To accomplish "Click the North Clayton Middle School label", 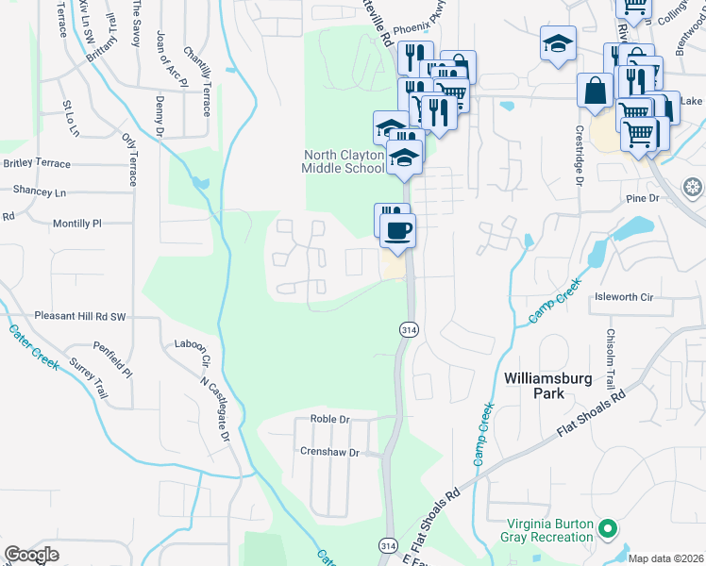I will coord(344,161).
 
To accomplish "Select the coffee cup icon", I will coord(398,228).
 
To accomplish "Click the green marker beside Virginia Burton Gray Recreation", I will coord(609,528).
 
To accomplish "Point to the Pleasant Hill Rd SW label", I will coord(79,316).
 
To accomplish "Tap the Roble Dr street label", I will coord(329,419).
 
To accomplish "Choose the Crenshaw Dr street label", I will coord(328,453).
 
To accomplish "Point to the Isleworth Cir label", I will coord(623,296).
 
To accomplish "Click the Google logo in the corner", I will coord(32,555).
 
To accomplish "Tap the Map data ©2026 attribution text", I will coord(665,558).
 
